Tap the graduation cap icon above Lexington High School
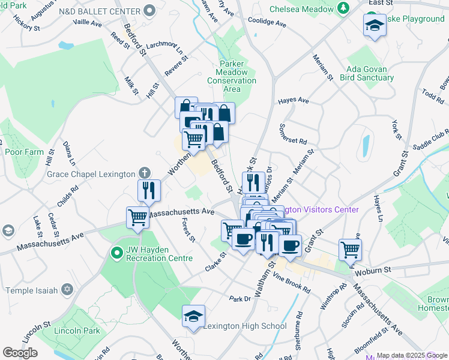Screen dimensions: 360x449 194,316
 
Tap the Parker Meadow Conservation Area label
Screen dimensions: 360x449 232,76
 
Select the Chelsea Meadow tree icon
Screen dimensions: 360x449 343,8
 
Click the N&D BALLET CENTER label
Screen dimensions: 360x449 107,11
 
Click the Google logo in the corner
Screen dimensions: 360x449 20,353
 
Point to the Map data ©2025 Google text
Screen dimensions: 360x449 412,355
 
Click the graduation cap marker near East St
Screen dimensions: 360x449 374,25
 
